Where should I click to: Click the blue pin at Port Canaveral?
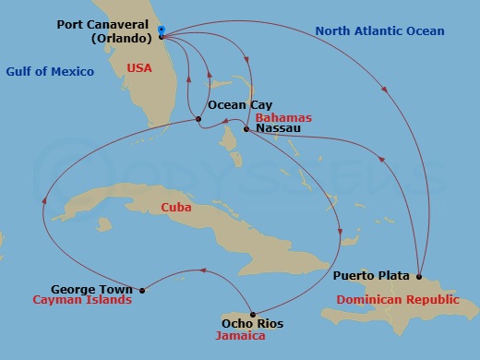(x=161, y=30)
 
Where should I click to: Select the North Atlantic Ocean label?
(x=380, y=31)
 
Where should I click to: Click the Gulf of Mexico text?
(x=50, y=72)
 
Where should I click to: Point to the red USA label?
(x=140, y=69)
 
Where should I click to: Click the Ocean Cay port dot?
(x=198, y=119)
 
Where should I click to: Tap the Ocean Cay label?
(x=240, y=105)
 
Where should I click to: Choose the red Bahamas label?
(x=283, y=118)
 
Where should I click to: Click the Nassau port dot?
(x=245, y=129)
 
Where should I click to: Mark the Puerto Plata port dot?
(x=419, y=276)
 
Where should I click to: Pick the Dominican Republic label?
(x=397, y=300)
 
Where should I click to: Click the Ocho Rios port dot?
(x=252, y=311)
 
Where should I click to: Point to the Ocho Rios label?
(x=252, y=324)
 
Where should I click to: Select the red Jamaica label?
(x=240, y=337)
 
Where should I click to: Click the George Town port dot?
(x=141, y=290)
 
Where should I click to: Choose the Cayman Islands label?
(x=81, y=300)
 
